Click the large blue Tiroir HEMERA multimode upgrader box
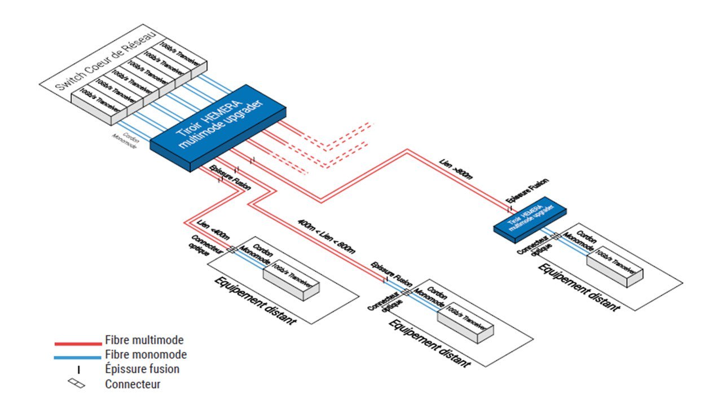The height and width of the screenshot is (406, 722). pyautogui.click(x=217, y=129)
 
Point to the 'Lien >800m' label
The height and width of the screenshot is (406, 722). pyautogui.click(x=456, y=169)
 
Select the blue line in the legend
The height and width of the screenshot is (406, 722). pyautogui.click(x=78, y=356)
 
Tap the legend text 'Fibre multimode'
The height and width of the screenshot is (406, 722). pyautogui.click(x=144, y=340)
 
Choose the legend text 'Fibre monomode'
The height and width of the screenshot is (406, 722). pyautogui.click(x=146, y=355)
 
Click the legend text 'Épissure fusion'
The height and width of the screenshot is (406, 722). pyautogui.click(x=142, y=369)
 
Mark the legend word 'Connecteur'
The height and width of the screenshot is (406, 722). pyautogui.click(x=133, y=385)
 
